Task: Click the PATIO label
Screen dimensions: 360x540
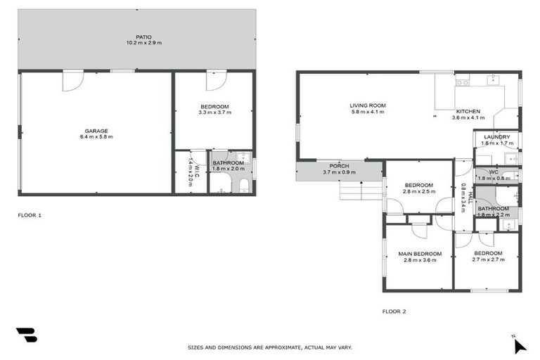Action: (x=143, y=37)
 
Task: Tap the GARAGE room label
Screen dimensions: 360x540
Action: (x=96, y=130)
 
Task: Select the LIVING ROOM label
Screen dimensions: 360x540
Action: (x=368, y=105)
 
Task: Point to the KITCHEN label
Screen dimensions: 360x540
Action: (x=468, y=112)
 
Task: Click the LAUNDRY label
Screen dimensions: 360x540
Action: (x=496, y=136)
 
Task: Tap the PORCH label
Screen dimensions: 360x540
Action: (x=339, y=166)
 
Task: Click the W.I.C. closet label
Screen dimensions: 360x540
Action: (x=198, y=169)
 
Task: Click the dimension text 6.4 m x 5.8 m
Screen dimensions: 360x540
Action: (x=96, y=136)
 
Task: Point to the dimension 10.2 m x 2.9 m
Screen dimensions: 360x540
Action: (x=143, y=43)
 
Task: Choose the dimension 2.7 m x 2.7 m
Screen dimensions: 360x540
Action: (x=487, y=259)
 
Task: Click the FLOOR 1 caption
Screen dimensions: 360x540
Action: (x=30, y=214)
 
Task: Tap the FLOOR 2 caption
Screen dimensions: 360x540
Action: (x=394, y=310)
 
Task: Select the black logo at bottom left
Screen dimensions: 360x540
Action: (x=26, y=334)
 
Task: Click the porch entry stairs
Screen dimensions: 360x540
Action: (x=354, y=190)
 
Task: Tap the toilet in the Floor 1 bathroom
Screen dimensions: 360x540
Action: (x=243, y=184)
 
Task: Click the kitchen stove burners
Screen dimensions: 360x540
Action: (x=463, y=83)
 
